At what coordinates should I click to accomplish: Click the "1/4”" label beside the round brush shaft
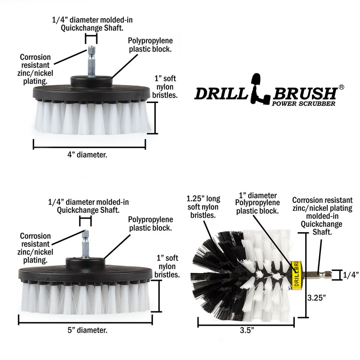[351, 274]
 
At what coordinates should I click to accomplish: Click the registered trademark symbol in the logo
[342, 87]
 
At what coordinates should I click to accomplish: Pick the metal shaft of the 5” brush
[85, 245]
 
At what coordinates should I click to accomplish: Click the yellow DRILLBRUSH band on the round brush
[296, 275]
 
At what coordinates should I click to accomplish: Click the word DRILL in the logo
[220, 93]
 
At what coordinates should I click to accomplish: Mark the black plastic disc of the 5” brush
[85, 273]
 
